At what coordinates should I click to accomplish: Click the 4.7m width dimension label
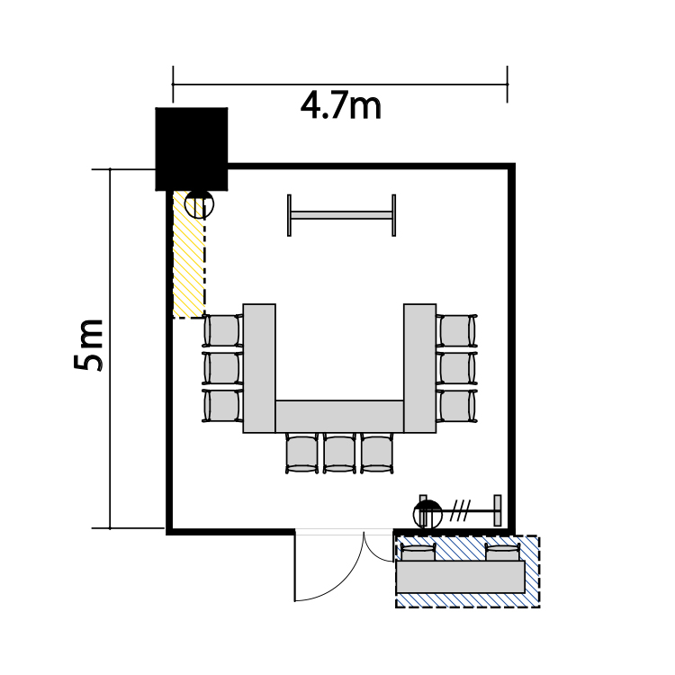click(340, 106)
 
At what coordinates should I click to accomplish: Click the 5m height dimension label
click(89, 345)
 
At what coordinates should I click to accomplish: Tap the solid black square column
click(192, 148)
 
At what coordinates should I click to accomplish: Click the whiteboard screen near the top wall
click(341, 215)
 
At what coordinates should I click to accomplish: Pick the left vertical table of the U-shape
click(259, 368)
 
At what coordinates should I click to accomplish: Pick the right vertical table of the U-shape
click(419, 368)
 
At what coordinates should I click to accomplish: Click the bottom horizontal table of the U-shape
click(339, 417)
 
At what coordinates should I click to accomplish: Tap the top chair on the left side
click(222, 330)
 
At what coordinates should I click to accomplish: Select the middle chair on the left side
click(222, 368)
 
